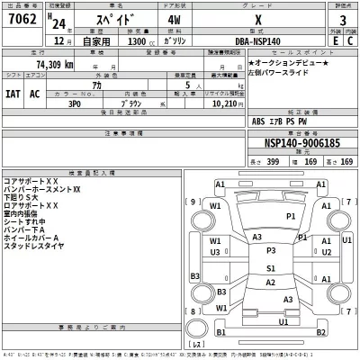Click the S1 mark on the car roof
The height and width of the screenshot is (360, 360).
click(x=269, y=267)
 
